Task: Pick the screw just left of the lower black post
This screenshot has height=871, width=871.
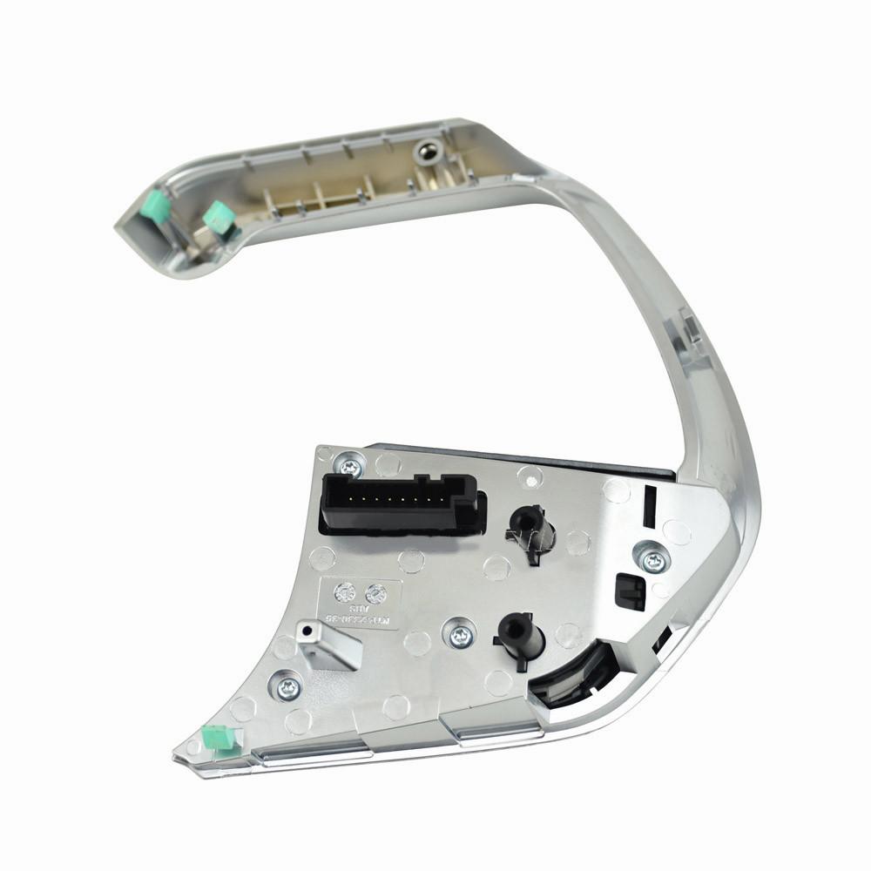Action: click(459, 633)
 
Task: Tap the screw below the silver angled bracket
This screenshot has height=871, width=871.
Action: click(288, 689)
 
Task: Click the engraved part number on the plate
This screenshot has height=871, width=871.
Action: click(361, 614)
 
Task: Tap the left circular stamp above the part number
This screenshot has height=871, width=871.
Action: click(346, 593)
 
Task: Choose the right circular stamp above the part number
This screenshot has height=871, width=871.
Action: click(375, 593)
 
